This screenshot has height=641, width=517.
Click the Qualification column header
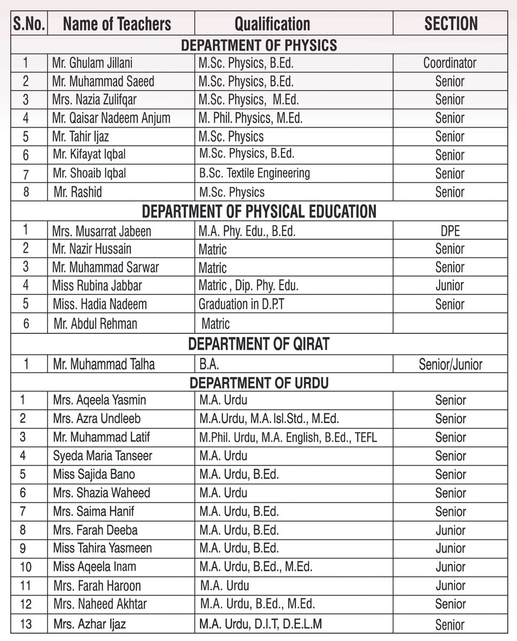click(x=272, y=24)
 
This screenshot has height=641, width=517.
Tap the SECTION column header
click(x=451, y=24)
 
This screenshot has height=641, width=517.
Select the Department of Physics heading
click(x=259, y=45)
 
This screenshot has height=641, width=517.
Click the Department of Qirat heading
click(x=259, y=345)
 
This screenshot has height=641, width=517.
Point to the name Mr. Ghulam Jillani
click(x=92, y=63)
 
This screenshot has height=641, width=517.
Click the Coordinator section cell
click(x=450, y=63)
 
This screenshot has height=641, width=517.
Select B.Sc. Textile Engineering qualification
click(x=254, y=173)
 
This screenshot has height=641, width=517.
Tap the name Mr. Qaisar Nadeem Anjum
click(x=111, y=118)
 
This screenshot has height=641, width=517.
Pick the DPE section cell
click(x=450, y=231)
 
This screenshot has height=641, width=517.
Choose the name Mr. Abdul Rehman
click(x=95, y=323)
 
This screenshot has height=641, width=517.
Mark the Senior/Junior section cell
click(x=450, y=364)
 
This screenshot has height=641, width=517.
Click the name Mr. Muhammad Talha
click(x=104, y=364)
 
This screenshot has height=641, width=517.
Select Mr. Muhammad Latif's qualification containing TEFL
click(x=288, y=437)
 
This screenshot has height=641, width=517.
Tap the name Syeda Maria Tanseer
click(x=103, y=456)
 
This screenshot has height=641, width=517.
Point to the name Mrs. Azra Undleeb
click(x=97, y=419)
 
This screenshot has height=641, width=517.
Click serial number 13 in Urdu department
click(x=26, y=623)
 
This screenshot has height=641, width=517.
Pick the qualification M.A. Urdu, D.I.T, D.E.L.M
click(x=261, y=623)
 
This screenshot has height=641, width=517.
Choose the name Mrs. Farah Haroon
click(x=97, y=585)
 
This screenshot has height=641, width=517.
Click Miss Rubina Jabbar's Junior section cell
click(x=450, y=286)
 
